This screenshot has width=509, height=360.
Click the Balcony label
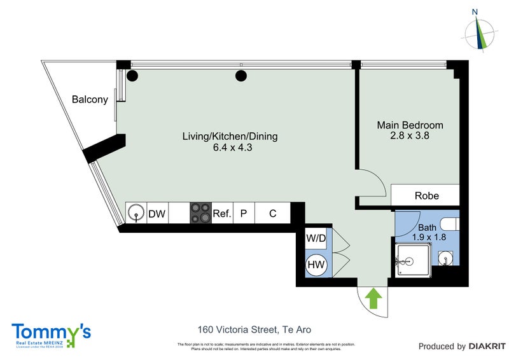(90, 100)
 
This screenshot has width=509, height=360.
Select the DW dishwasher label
(157, 214)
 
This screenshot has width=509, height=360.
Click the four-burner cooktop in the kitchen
(201, 213)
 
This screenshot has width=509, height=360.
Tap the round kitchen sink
(136, 214)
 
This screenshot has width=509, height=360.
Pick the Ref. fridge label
(221, 214)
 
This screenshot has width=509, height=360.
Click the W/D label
(316, 239)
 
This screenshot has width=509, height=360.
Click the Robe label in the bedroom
(427, 195)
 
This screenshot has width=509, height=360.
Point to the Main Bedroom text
(410, 125)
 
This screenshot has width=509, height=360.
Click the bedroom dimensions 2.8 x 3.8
(410, 135)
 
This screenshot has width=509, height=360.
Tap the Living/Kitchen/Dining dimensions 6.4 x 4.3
(230, 148)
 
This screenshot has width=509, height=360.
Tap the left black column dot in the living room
(132, 76)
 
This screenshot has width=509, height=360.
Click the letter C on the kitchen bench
(272, 214)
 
